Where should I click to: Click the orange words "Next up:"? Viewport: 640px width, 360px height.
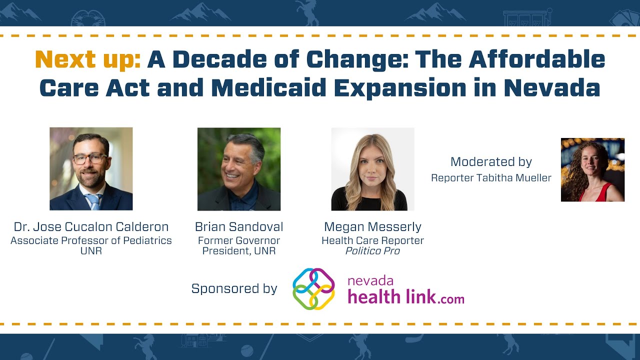(88, 60)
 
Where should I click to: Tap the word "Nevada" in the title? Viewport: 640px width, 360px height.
(551, 88)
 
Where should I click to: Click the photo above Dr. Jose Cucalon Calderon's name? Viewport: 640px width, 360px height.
(91, 168)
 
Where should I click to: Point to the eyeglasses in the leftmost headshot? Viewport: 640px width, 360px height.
(90, 158)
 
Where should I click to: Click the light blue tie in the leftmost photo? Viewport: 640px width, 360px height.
(93, 201)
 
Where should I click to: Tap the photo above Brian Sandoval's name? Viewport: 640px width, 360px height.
(239, 168)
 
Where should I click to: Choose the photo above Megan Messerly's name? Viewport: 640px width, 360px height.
(372, 168)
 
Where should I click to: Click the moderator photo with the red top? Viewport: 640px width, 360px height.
(592, 169)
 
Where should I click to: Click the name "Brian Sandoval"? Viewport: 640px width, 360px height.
(239, 226)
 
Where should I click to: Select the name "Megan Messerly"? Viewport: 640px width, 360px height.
(372, 226)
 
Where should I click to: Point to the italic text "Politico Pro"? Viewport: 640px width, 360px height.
(372, 251)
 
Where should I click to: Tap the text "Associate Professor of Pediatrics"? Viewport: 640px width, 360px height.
(91, 240)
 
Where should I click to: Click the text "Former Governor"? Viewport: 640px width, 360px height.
(239, 240)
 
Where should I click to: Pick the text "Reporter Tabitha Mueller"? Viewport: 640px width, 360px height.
(491, 178)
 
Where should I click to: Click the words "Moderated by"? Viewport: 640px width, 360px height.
(491, 162)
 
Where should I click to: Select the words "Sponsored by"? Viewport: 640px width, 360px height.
(234, 288)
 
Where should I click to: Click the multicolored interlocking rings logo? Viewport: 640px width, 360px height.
(313, 288)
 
